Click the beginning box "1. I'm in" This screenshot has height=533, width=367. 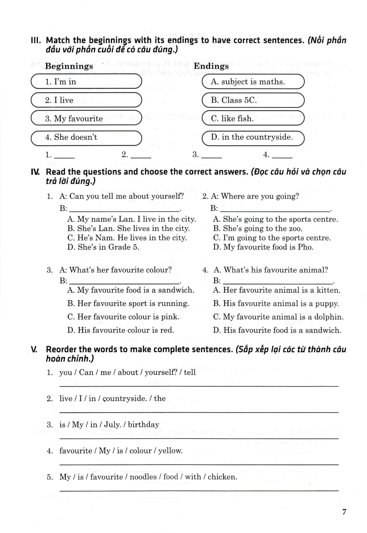click(86, 82)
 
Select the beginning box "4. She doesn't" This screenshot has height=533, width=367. click(86, 138)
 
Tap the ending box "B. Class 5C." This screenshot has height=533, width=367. click(253, 100)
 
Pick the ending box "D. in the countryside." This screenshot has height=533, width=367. click(253, 138)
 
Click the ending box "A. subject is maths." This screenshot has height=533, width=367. click(253, 82)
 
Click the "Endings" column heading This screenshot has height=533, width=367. click(211, 66)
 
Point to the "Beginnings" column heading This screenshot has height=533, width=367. click(69, 66)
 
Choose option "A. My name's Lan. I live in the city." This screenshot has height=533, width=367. click(131, 219)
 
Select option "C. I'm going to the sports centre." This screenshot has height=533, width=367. click(272, 238)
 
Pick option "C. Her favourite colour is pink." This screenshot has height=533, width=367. click(123, 317)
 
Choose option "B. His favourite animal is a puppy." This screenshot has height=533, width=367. click(276, 303)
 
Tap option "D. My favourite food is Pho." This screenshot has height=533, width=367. click(263, 247)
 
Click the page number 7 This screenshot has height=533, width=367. click(344, 512)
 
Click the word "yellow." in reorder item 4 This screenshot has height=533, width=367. click(170, 451)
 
